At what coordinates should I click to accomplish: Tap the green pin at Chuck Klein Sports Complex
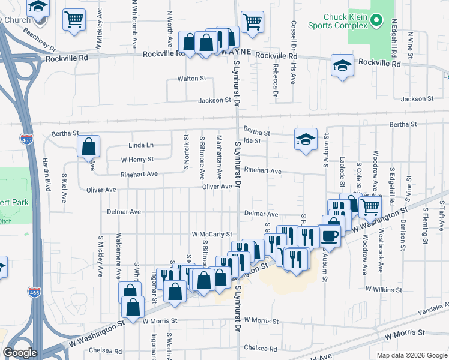pos(376,22)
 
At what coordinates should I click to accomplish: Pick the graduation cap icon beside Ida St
pos(306,140)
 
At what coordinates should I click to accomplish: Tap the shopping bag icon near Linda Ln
pos(88,146)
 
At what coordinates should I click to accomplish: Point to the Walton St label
pos(191,79)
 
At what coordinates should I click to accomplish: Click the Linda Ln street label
pos(141,145)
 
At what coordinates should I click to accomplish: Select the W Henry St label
pos(137,160)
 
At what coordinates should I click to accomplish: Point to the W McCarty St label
pos(212,234)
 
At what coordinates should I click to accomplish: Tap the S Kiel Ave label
pos(64,188)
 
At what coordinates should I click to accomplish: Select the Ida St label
pos(253,141)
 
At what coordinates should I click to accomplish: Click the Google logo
pos(20,353)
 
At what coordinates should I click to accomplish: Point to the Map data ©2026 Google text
pos(411,355)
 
